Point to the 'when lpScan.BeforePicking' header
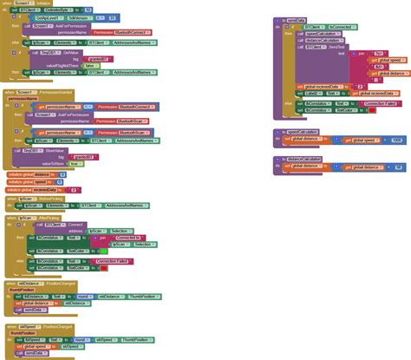[x=30, y=199]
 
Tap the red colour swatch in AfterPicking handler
[x=104, y=269]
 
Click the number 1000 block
[x=396, y=141]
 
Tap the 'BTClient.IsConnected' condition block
[x=324, y=28]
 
